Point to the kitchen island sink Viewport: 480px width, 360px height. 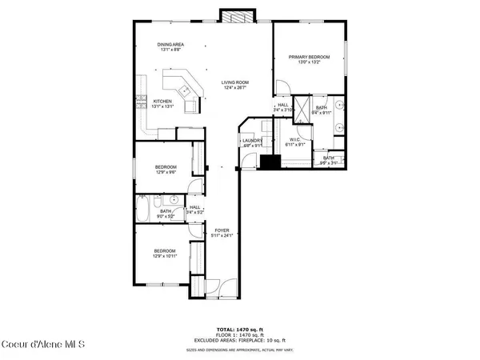pyautogui.click(x=190, y=90)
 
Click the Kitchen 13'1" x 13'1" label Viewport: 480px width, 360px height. pyautogui.click(x=163, y=104)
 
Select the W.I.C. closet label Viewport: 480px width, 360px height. pyautogui.click(x=295, y=142)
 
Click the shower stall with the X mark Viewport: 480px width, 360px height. pyautogui.click(x=303, y=109)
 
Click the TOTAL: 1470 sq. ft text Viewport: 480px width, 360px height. pyautogui.click(x=239, y=329)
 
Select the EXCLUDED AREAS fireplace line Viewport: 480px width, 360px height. pyautogui.click(x=239, y=342)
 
